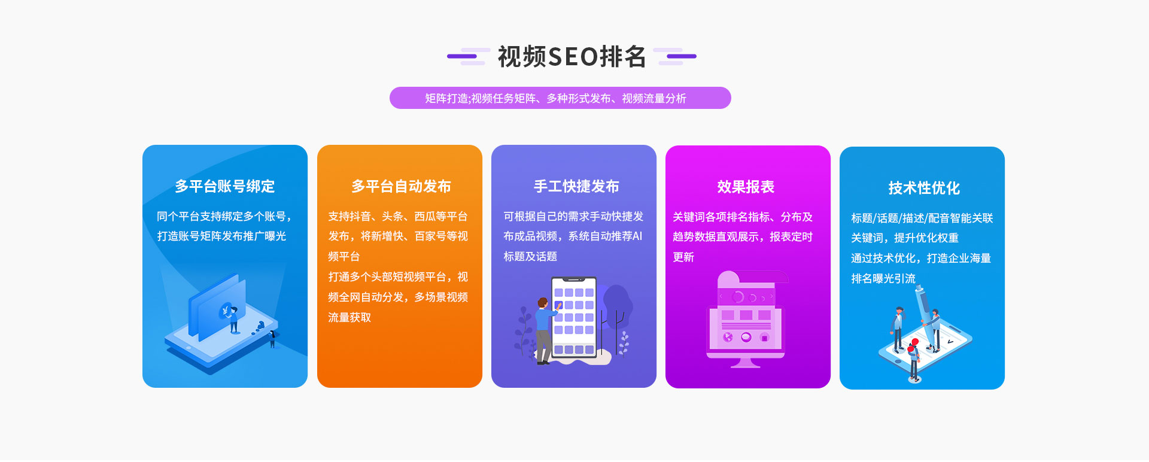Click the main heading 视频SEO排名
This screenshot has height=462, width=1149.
point(572,57)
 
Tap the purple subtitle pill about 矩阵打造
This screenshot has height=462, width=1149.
point(560,98)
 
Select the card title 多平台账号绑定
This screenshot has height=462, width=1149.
point(225,187)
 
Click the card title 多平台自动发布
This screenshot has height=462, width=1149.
point(401,187)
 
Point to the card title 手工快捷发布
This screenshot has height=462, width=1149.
point(576,187)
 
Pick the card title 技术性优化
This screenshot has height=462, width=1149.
point(924,189)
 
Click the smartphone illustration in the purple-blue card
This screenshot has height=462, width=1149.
point(574,318)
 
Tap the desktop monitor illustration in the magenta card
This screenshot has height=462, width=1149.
point(746,320)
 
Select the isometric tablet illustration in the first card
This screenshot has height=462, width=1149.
point(221,326)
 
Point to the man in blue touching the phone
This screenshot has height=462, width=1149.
point(545,331)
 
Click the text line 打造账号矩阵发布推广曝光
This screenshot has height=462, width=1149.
point(221,236)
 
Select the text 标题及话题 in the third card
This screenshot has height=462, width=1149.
point(530,257)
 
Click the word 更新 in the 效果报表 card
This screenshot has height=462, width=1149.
point(683,257)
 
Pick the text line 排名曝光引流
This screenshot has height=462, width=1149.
point(883,279)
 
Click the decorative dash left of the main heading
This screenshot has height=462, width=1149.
point(469,56)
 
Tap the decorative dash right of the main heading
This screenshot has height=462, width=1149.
point(675,56)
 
